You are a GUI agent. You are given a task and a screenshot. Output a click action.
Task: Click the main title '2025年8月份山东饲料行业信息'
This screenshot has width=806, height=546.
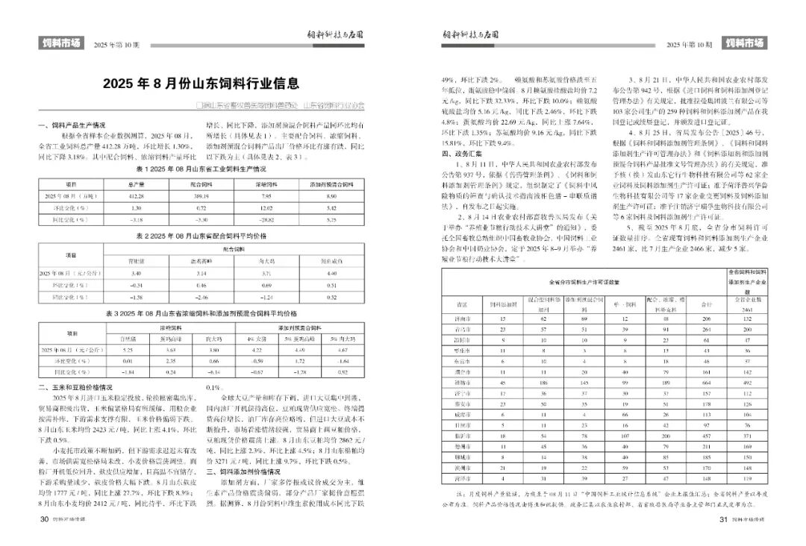(201, 83)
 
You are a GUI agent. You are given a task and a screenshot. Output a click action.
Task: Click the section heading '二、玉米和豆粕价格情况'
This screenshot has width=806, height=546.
(75, 388)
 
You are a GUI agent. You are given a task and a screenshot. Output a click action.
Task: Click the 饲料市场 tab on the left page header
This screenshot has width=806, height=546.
(60, 43)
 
